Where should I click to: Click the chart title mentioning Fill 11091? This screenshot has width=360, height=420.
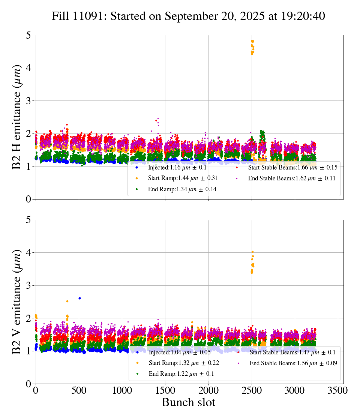coord(188,16)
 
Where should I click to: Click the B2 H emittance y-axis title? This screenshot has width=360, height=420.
coord(17,117)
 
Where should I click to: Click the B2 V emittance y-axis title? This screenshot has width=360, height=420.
coord(17,301)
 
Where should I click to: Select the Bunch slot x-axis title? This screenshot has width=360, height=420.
coord(188,402)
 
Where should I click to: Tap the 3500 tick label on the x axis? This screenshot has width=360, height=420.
coord(338,390)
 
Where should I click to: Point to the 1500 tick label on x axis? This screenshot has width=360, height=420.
coord(165,390)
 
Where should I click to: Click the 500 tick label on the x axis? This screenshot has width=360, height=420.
coord(79,390)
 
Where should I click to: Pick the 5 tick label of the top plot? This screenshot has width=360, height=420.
coord(28,36)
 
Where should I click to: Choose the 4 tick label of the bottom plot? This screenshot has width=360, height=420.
coord(28,253)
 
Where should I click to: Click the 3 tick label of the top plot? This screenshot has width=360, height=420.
coord(28,101)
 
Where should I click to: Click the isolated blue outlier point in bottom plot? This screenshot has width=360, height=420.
coord(79,298)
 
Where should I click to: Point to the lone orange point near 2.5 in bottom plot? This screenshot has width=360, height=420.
coord(67,301)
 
